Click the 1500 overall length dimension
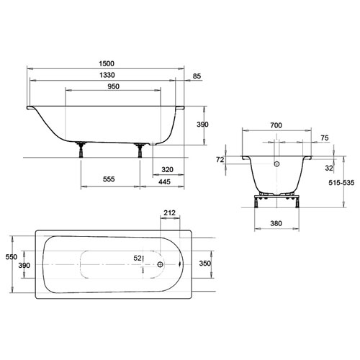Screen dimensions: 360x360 pos(107,63)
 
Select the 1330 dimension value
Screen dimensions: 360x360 pos(107,75)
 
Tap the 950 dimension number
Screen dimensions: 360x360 pos(113,86)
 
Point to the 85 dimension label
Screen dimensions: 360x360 pos(197,76)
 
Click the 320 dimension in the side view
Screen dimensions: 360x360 pos(167,170)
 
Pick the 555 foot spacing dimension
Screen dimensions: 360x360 pos(109,179)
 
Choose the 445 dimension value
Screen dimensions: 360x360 pos(164,181)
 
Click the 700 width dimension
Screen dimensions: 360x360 pos(276,125)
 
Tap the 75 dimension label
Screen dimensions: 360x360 pos(325,138)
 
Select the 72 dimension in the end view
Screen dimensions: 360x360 pos(220,160)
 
